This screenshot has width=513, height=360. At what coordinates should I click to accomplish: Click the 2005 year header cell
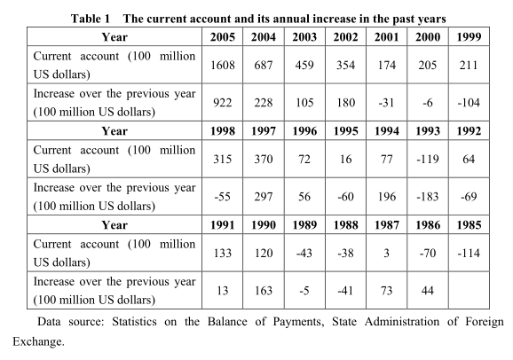click(x=223, y=37)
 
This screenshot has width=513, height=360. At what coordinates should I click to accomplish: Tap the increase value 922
click(x=223, y=103)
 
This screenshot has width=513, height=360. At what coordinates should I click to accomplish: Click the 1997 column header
click(x=264, y=130)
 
